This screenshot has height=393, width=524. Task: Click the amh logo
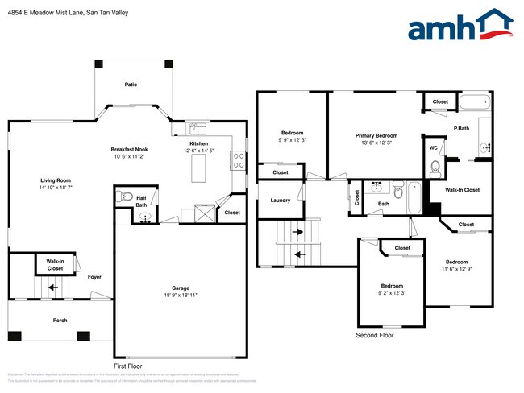[x=460, y=26]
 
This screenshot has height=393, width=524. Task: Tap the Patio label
[x=131, y=84]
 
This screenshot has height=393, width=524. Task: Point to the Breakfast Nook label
[x=130, y=150]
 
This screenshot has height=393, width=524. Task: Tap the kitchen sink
[x=198, y=129]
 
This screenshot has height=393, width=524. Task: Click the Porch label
[x=60, y=321]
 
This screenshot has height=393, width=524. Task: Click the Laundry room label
[x=280, y=201]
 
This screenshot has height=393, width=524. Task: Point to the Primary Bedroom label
[x=376, y=135]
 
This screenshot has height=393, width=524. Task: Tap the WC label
[x=433, y=148]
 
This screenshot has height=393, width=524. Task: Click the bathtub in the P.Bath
[x=474, y=102]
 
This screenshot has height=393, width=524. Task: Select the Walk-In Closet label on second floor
[x=463, y=190]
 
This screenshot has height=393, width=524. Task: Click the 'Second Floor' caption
[x=375, y=334]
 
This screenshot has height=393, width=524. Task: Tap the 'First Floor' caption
[x=129, y=365]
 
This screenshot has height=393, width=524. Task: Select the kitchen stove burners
[x=239, y=160]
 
